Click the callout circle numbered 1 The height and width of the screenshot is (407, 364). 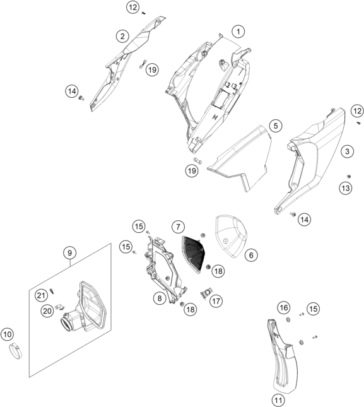[x=238, y=32]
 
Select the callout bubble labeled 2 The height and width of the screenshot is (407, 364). [x=122, y=36]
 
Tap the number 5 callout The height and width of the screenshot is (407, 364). [x=275, y=126]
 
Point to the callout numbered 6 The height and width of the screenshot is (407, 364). [x=251, y=255]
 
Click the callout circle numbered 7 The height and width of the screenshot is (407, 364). [x=178, y=227]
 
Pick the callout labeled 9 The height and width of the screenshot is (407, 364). [x=70, y=253]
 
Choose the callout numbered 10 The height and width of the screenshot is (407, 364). [x=8, y=334]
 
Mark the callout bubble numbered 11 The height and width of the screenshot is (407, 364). [x=278, y=400]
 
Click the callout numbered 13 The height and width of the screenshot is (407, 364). [x=346, y=188]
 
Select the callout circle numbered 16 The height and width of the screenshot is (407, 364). [x=284, y=308]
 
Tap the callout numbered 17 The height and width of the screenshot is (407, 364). [x=216, y=301]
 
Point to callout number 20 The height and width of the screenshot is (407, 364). [x=47, y=310]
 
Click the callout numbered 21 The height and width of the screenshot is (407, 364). [x=41, y=295]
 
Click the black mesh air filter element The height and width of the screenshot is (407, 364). [x=193, y=252]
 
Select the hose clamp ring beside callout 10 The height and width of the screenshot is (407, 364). [x=16, y=351]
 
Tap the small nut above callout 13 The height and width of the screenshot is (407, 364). [x=349, y=177]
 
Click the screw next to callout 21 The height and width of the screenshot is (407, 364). [x=52, y=291]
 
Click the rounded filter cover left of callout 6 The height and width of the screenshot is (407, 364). [x=230, y=236]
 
